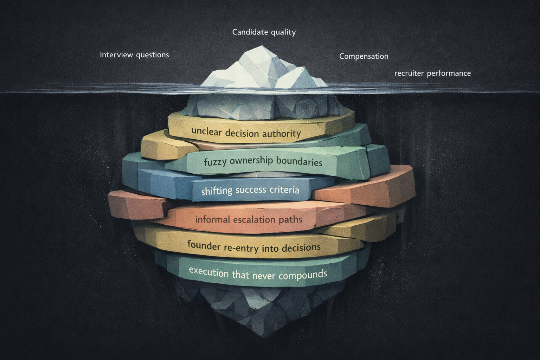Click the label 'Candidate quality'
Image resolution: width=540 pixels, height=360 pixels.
[264, 32]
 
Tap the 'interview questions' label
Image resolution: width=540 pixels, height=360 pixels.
[134, 55]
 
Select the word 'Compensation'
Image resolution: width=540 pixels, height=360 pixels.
[364, 56]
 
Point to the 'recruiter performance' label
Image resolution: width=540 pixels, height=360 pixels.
[432, 73]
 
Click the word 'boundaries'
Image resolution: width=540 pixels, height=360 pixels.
[299, 161]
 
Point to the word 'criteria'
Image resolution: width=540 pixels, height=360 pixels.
[284, 190]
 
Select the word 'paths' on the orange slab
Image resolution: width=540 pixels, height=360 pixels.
[289, 220]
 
